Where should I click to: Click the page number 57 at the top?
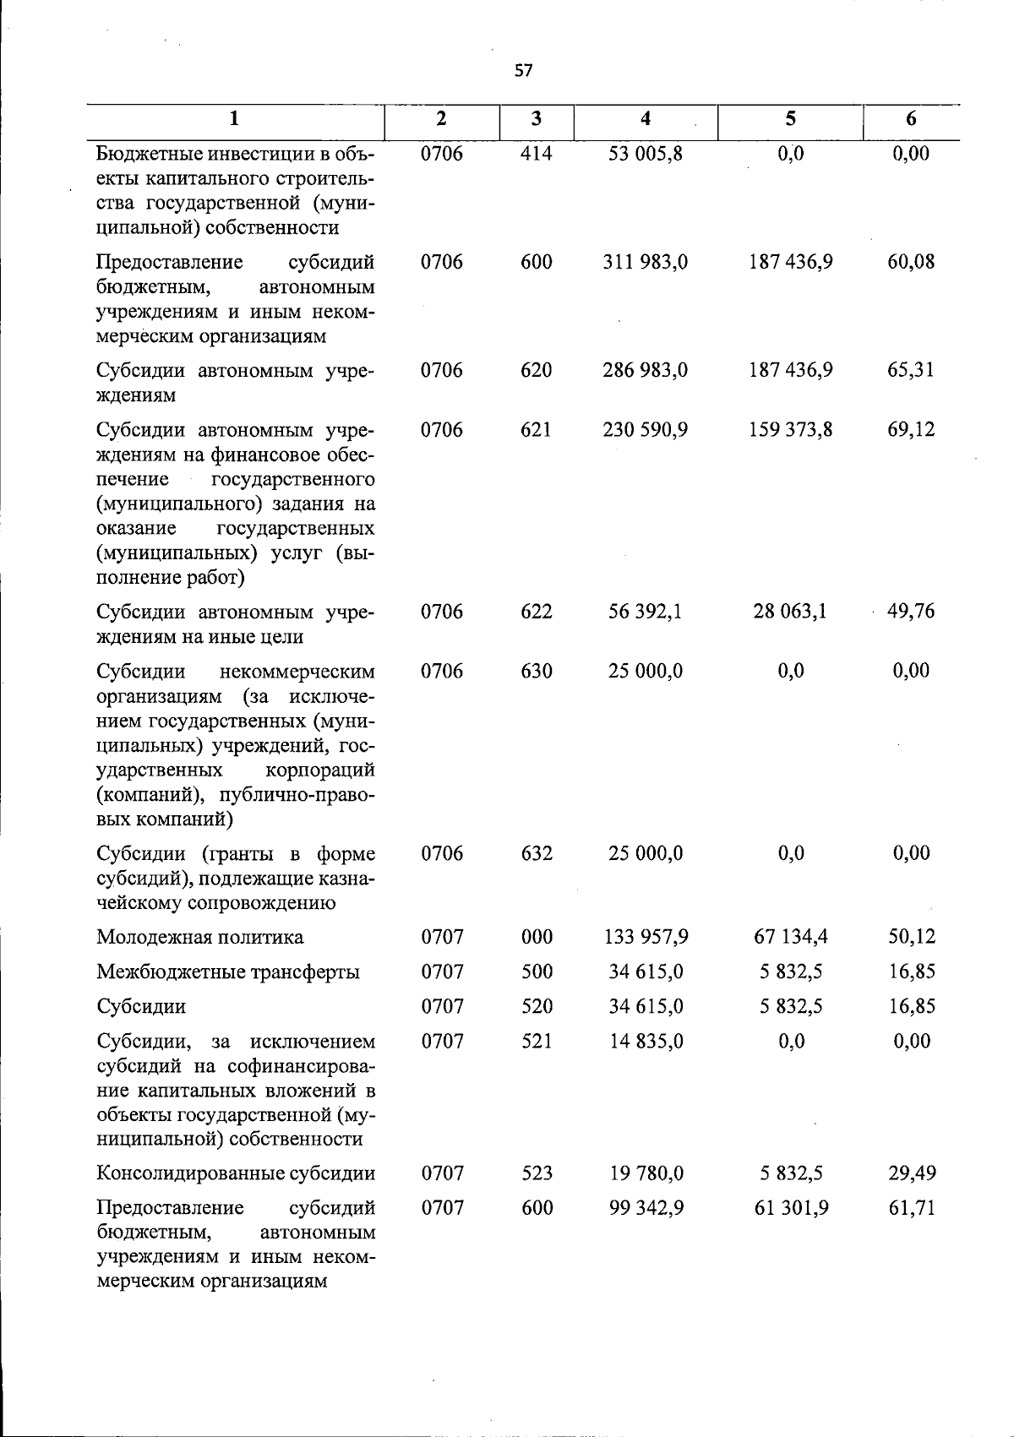(523, 71)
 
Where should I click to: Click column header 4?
(646, 119)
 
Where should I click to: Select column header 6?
(911, 119)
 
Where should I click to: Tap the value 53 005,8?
(646, 154)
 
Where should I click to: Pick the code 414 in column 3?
(537, 154)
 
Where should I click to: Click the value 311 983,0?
(646, 262)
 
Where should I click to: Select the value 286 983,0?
(646, 370)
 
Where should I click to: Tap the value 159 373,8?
(790, 430)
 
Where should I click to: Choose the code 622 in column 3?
(537, 612)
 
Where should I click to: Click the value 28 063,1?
(790, 612)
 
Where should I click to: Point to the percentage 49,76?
(911, 612)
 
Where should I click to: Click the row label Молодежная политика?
(200, 937)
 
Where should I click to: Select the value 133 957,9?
(646, 937)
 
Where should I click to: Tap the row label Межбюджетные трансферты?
(228, 972)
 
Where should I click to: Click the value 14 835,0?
(646, 1041)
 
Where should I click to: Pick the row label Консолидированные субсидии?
(236, 1173)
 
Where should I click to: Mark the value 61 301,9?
(790, 1208)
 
